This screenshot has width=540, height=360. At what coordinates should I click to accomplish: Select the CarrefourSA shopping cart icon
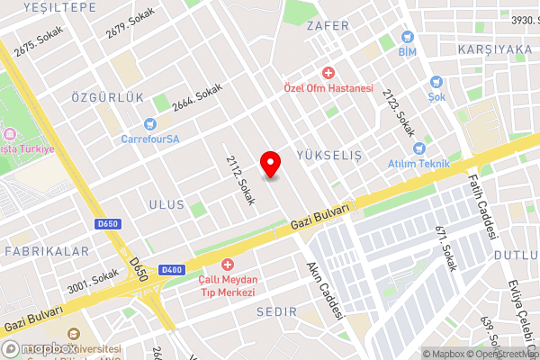pyautogui.click(x=151, y=123)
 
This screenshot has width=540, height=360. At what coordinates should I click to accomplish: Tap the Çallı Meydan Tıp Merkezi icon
pyautogui.click(x=227, y=264)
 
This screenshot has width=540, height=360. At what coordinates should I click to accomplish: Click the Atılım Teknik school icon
pyautogui.click(x=417, y=148)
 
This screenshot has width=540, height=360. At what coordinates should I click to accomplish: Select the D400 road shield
pyautogui.click(x=171, y=270)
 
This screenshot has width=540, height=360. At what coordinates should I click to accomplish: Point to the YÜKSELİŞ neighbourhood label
pyautogui.click(x=328, y=156)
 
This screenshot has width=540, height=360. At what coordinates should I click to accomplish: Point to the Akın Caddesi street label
pyautogui.click(x=326, y=290)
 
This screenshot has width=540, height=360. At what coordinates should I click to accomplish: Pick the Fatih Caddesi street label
pyautogui.click(x=483, y=206)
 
